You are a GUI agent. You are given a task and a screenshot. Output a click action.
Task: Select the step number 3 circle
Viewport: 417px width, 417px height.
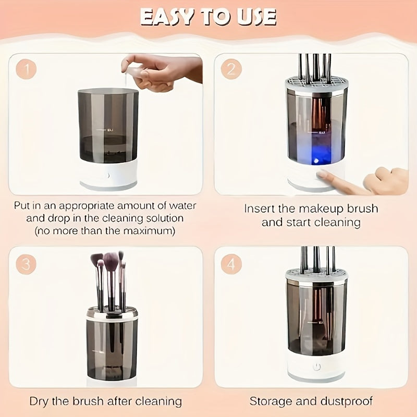point(25,264)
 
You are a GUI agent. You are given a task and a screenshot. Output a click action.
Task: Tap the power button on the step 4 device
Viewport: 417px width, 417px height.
point(316,367)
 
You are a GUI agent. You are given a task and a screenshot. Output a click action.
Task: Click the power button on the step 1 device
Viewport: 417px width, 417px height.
point(108,176)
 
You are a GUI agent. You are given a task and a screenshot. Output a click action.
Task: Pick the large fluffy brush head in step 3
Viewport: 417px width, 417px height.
point(111,260)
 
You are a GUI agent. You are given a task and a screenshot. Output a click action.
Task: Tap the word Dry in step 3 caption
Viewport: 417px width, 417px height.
point(40,401)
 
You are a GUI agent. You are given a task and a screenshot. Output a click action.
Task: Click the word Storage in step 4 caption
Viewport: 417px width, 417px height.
point(269,401)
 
